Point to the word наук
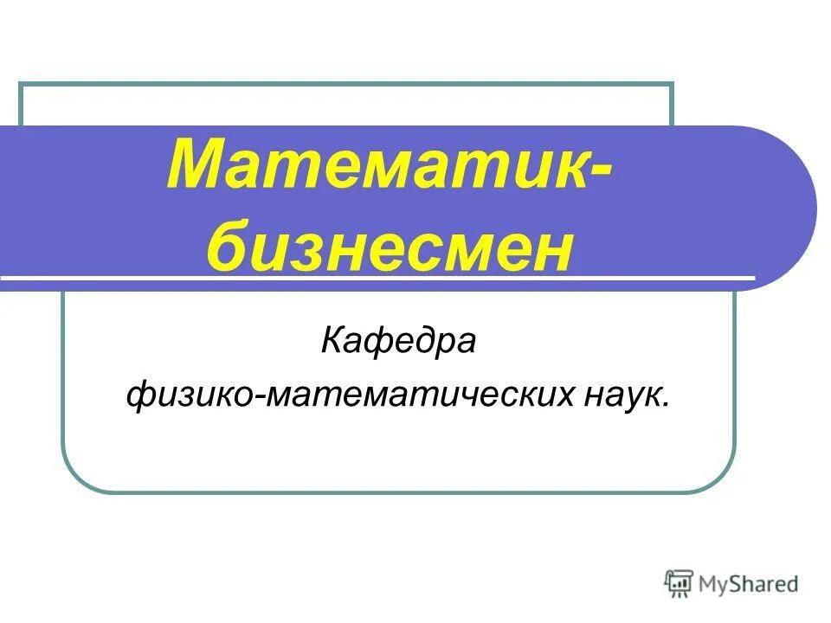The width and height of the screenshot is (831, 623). [x=618, y=396]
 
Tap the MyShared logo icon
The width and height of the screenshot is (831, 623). [x=680, y=583]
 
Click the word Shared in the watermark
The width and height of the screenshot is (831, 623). [x=766, y=585]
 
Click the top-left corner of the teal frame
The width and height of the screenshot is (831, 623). [x=21, y=85]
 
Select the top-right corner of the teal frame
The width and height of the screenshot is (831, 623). [x=672, y=85]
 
